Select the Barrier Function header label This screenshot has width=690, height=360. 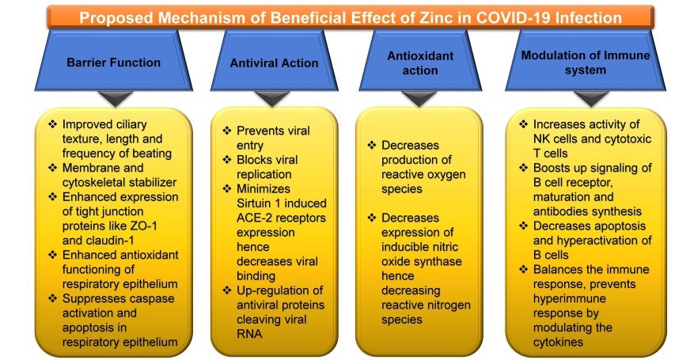[x=113, y=63]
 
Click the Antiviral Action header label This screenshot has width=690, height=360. [x=274, y=63]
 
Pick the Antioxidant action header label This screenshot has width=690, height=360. [x=420, y=63]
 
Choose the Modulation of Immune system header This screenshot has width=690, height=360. [x=586, y=63]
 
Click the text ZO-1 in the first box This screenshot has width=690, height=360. [x=143, y=225]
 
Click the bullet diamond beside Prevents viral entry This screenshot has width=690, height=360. [x=227, y=131]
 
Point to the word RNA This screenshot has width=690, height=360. [x=249, y=334]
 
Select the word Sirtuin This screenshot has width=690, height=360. [x=255, y=203]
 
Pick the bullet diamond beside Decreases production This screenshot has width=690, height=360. [x=372, y=145]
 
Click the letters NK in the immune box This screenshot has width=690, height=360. [x=542, y=138]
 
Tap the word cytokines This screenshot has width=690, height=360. [x=558, y=342]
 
